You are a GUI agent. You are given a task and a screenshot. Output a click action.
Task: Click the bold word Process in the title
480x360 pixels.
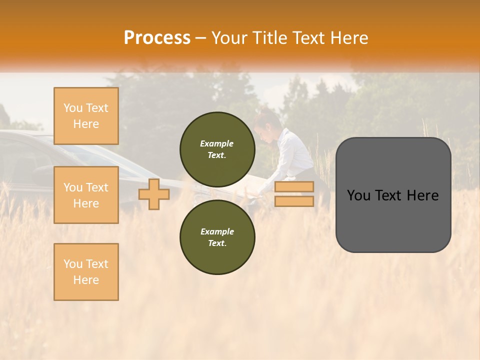(x=157, y=38)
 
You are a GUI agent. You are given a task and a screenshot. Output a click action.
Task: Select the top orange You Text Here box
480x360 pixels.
(x=86, y=116)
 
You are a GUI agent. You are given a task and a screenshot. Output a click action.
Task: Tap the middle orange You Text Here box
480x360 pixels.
(x=86, y=195)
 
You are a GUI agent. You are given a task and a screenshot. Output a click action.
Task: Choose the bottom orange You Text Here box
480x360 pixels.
(x=86, y=272)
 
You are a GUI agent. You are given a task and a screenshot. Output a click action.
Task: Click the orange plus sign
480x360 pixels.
(x=153, y=194)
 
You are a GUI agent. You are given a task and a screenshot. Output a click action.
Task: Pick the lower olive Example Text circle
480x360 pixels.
(x=217, y=237)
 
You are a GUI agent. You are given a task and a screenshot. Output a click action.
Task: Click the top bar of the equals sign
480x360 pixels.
(x=294, y=187)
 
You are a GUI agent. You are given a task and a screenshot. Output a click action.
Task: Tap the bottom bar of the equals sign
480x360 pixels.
(x=294, y=201)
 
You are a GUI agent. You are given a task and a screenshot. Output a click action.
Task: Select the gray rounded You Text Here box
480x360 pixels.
(x=393, y=195)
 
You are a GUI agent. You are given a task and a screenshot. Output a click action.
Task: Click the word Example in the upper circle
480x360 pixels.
(x=217, y=143)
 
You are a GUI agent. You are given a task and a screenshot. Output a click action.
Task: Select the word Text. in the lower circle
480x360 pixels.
(x=217, y=243)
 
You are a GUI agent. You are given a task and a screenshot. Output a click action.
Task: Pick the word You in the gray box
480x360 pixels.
(x=358, y=195)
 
